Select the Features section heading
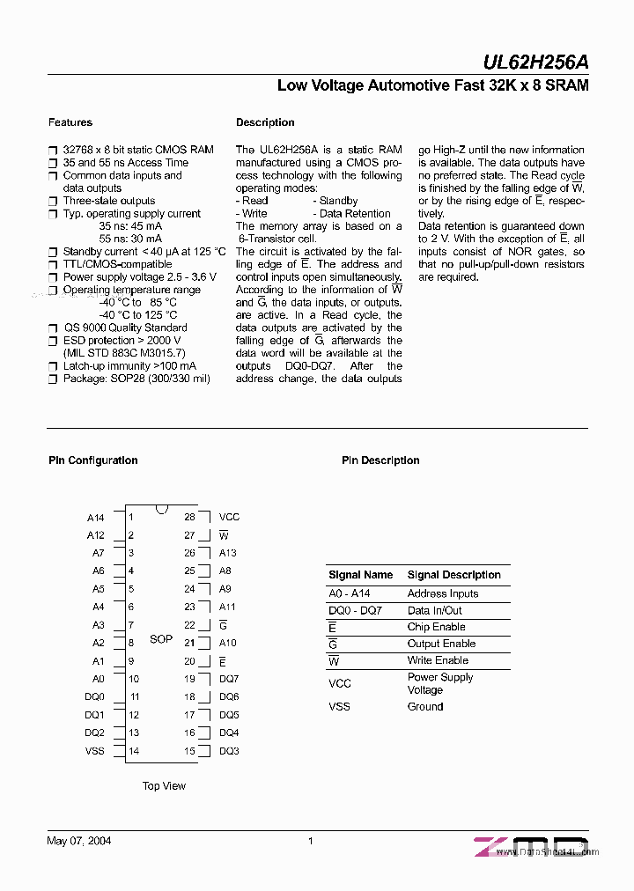pyautogui.click(x=70, y=122)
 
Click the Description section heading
pyautogui.click(x=265, y=122)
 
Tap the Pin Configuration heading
pyautogui.click(x=92, y=460)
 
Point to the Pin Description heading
pyautogui.click(x=380, y=460)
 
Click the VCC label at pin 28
pyautogui.click(x=229, y=517)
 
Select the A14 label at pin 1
pyautogui.click(x=95, y=518)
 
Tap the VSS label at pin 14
pyautogui.click(x=94, y=751)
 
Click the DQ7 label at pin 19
pyautogui.click(x=229, y=679)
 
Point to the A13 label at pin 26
pyautogui.click(x=228, y=553)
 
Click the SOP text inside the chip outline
pyautogui.click(x=161, y=638)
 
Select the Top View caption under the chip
pyautogui.click(x=164, y=786)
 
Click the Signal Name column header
pyautogui.click(x=360, y=575)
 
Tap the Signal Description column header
pyautogui.click(x=453, y=575)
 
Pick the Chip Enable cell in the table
pyautogui.click(x=436, y=627)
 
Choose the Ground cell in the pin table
pyautogui.click(x=425, y=706)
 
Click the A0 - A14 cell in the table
pyautogui.click(x=349, y=593)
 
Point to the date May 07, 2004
pyautogui.click(x=78, y=841)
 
